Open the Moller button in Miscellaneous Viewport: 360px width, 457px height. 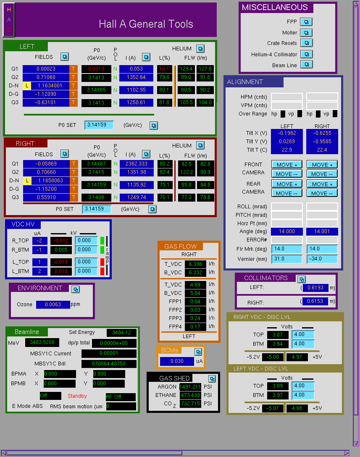coord(306,33)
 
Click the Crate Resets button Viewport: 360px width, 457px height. coord(306,43)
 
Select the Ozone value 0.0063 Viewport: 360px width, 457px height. coord(53,305)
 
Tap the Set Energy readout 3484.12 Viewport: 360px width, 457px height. coord(121,333)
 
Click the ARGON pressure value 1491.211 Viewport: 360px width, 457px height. coord(190,387)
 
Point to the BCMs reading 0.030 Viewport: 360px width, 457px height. coord(177,361)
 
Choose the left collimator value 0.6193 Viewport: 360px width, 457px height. coord(315,288)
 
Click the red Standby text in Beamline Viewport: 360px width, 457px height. coord(77,396)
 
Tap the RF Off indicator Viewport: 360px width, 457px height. coord(121,397)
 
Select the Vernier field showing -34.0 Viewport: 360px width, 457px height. coord(322,259)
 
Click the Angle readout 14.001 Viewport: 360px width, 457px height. coord(322,231)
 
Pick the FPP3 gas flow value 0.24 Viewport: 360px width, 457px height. coord(195,318)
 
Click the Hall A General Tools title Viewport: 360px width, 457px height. coord(146,24)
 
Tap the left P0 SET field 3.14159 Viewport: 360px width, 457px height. coord(99,125)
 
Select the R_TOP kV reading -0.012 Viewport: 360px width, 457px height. coord(61,241)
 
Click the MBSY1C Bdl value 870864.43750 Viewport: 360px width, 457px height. coord(109,364)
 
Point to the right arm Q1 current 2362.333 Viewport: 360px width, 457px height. coord(137,164)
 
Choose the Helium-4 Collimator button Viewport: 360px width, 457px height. coord(306,54)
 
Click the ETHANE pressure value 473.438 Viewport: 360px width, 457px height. coord(190,395)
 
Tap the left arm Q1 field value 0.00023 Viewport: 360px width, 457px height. coord(46,69)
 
